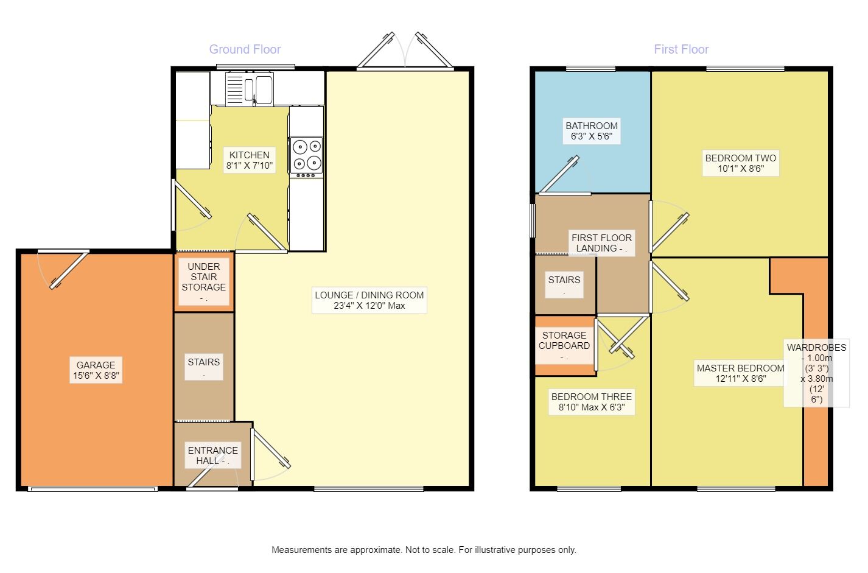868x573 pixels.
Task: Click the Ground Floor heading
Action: (245, 49)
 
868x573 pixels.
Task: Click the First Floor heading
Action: (681, 49)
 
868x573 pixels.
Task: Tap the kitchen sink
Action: (250, 89)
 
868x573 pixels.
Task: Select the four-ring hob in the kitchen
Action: (307, 157)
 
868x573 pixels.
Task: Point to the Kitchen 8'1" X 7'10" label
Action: (249, 160)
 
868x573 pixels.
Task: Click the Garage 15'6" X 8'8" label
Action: (96, 370)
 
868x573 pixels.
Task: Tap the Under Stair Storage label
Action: (204, 281)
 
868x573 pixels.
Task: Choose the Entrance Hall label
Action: (212, 455)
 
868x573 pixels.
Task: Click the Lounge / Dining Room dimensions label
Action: (369, 300)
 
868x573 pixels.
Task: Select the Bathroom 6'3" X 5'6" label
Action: (591, 131)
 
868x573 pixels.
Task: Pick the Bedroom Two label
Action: (741, 163)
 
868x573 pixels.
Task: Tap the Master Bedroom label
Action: (740, 373)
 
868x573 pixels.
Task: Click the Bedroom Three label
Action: (591, 402)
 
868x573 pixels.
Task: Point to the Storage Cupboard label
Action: (564, 345)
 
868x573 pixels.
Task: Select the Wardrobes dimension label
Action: (816, 373)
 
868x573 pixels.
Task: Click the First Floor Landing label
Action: (601, 243)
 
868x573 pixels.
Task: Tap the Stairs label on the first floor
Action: (564, 285)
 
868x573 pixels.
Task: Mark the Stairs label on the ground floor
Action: (204, 367)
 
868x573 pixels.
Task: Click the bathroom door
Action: (559, 175)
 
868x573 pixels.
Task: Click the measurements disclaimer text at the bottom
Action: (424, 550)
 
